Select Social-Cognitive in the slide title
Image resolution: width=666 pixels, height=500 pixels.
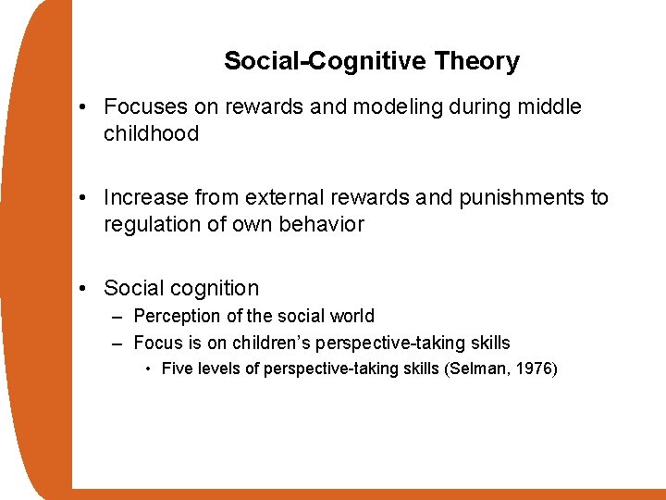pos(325,62)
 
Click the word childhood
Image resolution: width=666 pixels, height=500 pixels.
pos(151,134)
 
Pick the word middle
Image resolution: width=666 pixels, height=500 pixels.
pos(549,107)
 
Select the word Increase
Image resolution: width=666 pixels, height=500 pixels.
pos(143,197)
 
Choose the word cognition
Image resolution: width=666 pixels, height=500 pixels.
pos(216,288)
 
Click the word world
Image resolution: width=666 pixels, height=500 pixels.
pos(352,317)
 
